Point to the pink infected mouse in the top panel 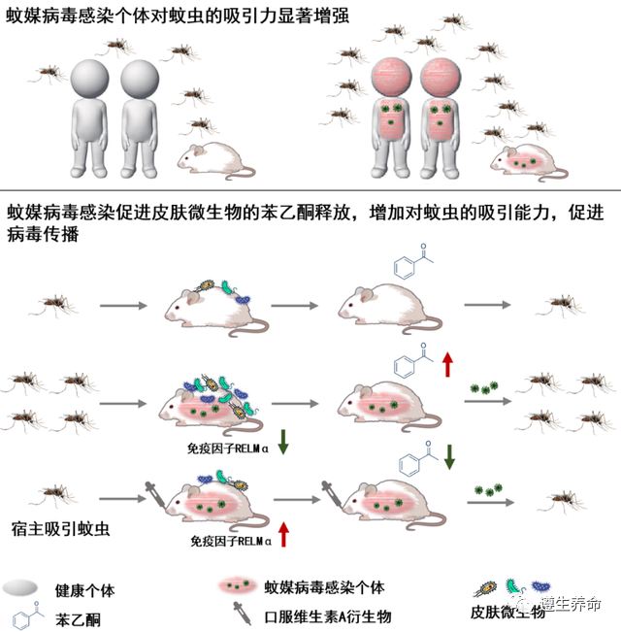[x=529, y=159]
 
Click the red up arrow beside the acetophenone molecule [x=447, y=366]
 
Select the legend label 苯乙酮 [x=78, y=618]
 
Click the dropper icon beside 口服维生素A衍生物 [x=239, y=615]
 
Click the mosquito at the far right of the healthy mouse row [x=559, y=304]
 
